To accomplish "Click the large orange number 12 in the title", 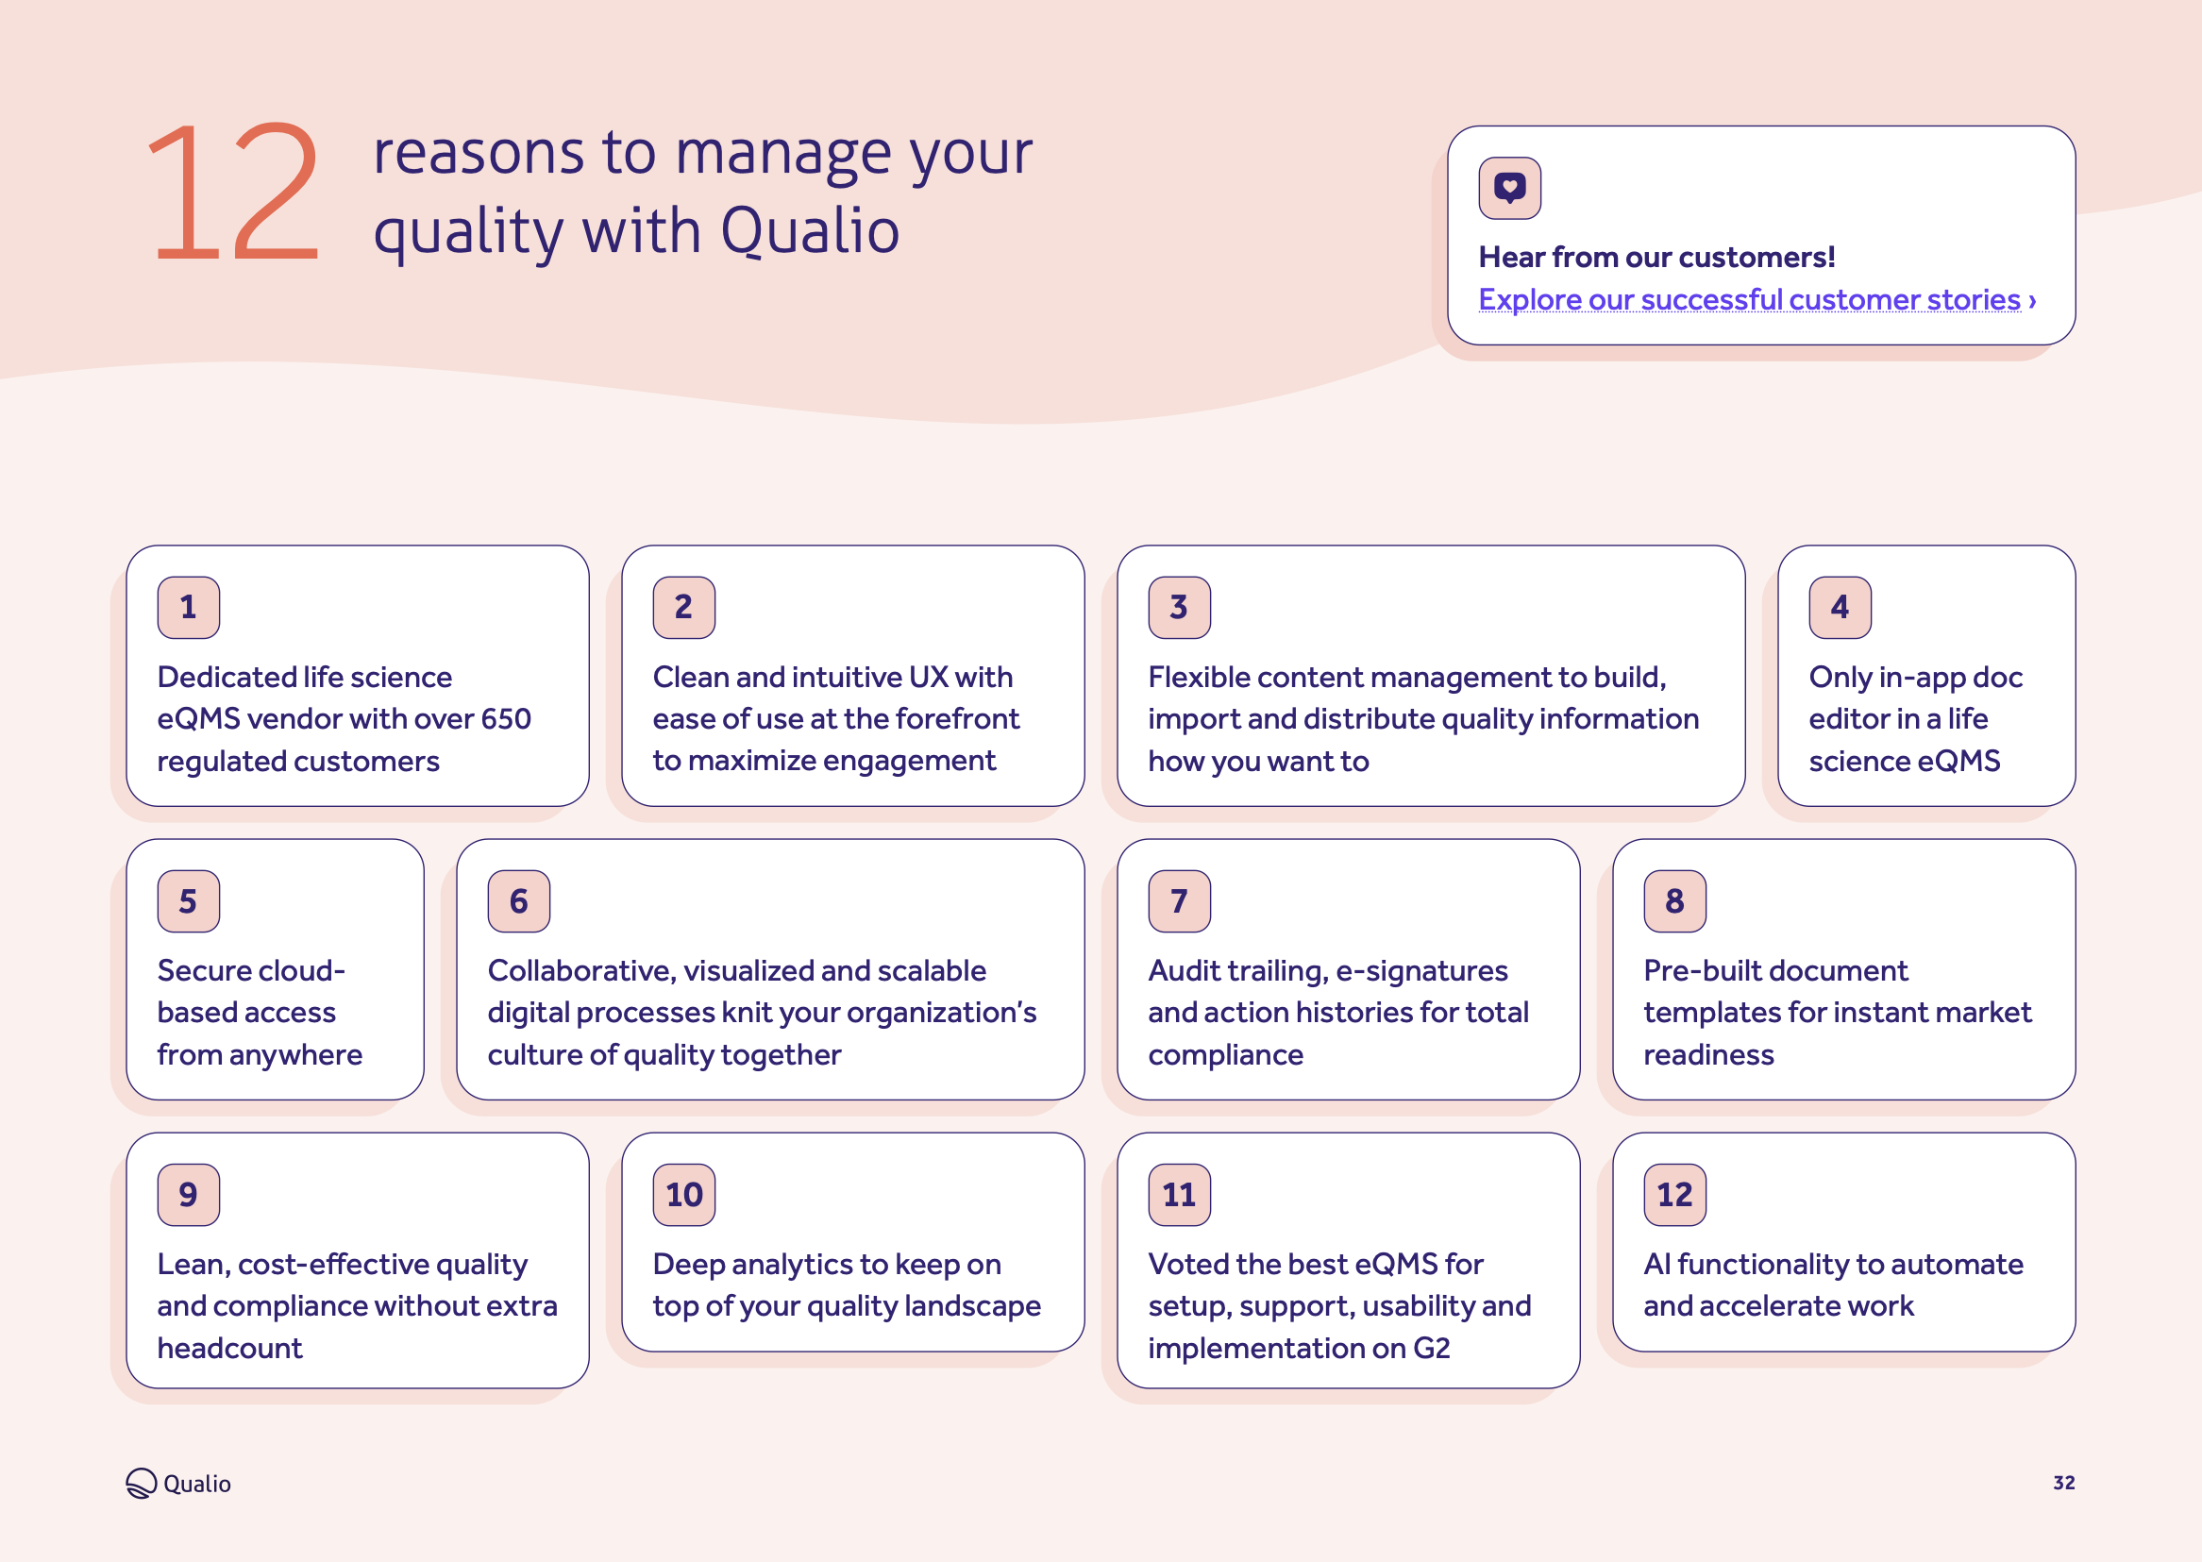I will [234, 193].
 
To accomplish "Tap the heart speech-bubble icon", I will [1508, 188].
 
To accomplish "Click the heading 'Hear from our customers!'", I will [1656, 257].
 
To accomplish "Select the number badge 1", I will [189, 607].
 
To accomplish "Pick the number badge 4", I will [1840, 607].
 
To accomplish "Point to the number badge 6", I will [518, 901].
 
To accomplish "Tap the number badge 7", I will [1179, 901].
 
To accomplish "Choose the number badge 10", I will [683, 1195].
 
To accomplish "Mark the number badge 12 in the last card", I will [1674, 1195].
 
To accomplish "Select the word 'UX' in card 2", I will [928, 677].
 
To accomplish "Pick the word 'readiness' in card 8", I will [1707, 1055].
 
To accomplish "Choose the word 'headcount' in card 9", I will [229, 1349].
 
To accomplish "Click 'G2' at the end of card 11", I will [1431, 1349].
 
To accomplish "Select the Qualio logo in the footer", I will [178, 1483].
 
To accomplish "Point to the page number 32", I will [2063, 1483].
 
